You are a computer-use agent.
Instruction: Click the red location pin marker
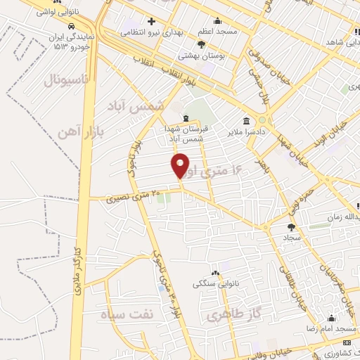[181, 165]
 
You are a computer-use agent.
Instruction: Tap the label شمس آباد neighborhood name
[136, 105]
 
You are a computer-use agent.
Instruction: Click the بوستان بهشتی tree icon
[202, 44]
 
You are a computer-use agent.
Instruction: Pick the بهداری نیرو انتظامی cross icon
[151, 21]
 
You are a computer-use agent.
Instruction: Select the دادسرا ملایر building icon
[245, 120]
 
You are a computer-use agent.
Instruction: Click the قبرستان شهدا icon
[185, 118]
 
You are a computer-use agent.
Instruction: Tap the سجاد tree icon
[291, 227]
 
